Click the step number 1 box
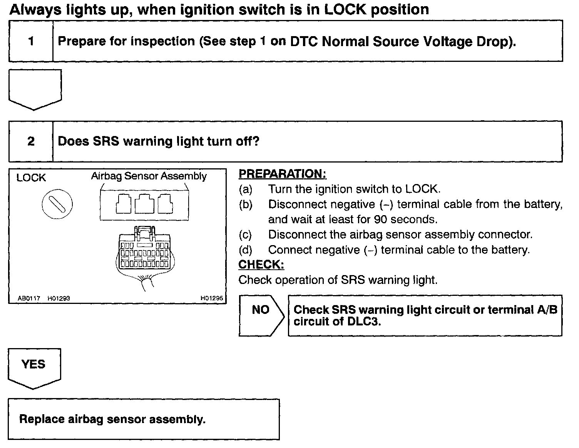point(31,41)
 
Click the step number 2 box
point(31,141)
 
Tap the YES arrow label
point(34,364)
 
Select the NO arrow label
point(261,310)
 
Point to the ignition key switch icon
point(57,204)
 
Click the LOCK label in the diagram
point(31,178)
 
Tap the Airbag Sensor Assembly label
point(149,176)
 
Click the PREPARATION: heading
point(282,174)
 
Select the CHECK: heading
point(261,265)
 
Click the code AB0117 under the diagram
point(29,298)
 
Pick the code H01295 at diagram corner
point(212,298)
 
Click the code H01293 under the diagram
point(59,298)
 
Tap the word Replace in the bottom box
point(42,419)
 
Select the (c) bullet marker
point(245,235)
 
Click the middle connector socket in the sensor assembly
point(144,204)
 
